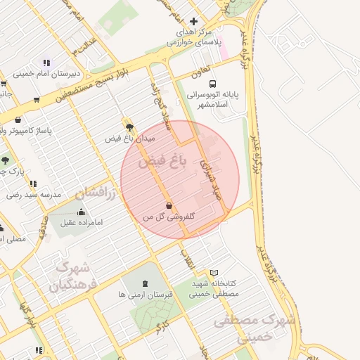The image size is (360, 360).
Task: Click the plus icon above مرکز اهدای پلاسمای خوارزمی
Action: (194, 21)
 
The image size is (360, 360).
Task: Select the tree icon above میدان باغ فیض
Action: (129, 127)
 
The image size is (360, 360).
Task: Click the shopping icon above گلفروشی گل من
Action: (169, 205)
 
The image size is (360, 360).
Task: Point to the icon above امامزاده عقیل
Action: (82, 212)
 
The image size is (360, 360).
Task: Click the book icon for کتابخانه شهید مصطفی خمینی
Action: (214, 273)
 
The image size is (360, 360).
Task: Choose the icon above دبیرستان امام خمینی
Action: (46, 63)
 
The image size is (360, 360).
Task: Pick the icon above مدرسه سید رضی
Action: (33, 184)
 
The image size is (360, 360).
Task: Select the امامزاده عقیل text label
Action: (82, 223)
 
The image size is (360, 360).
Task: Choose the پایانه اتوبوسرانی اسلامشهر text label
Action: (213, 98)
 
